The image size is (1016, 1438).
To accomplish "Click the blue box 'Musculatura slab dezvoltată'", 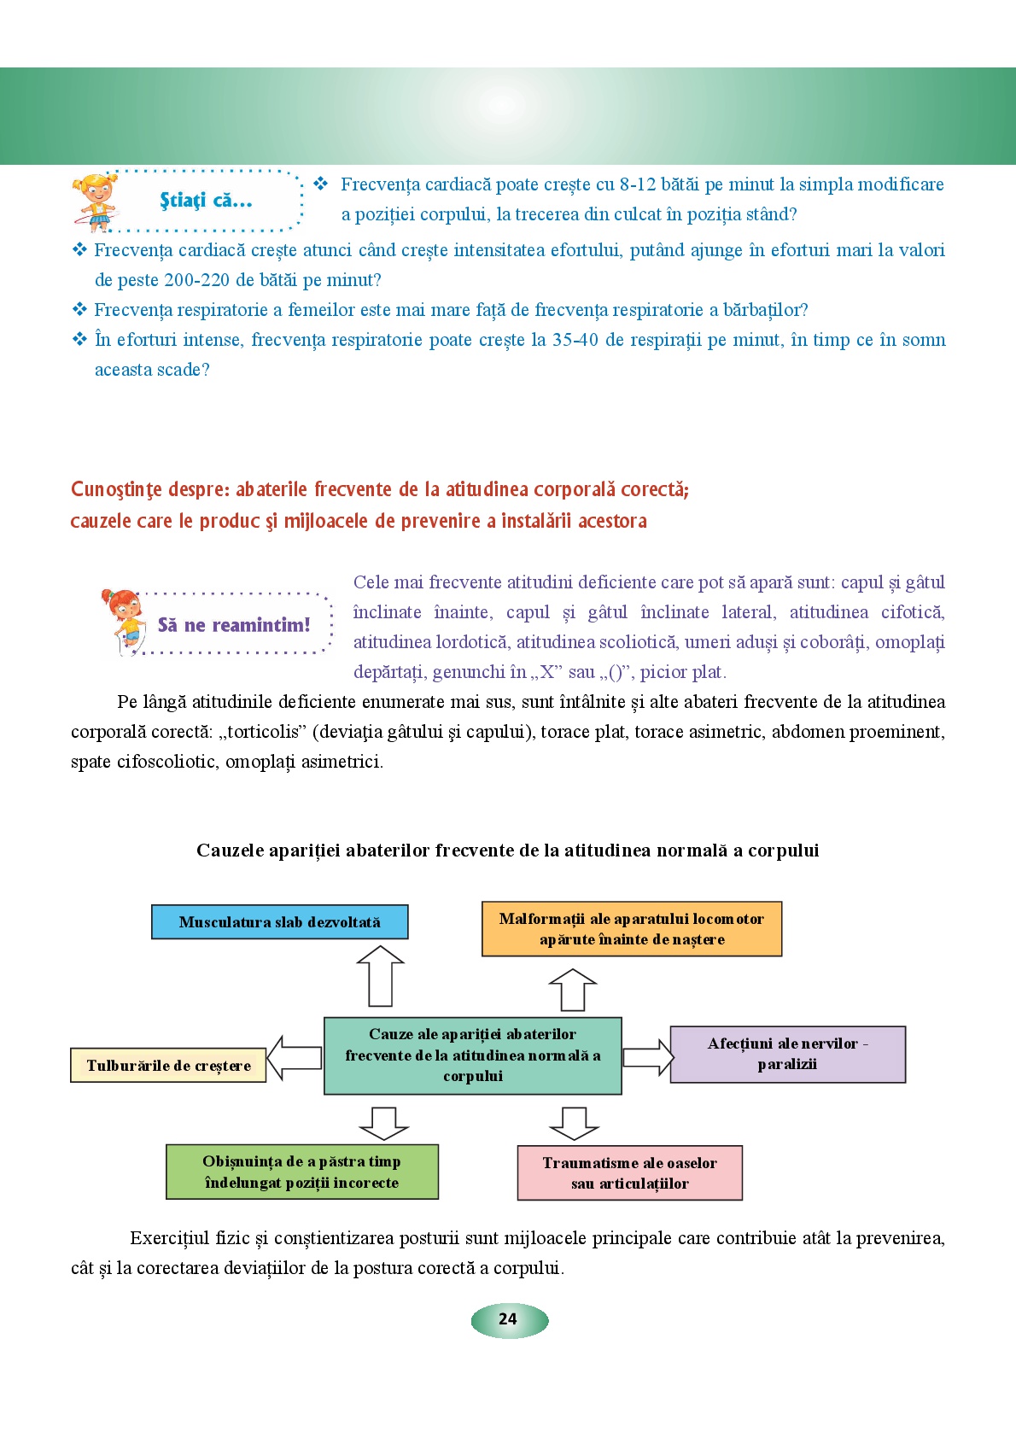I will pyautogui.click(x=279, y=922).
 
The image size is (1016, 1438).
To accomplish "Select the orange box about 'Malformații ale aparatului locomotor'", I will pyautogui.click(x=631, y=929).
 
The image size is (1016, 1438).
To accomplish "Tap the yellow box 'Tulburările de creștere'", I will pyautogui.click(x=168, y=1066).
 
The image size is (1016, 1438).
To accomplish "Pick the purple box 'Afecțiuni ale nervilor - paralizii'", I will pyautogui.click(x=787, y=1055).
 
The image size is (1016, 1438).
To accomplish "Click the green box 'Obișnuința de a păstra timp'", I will pyautogui.click(x=301, y=1172).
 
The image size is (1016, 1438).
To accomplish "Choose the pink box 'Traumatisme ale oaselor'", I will pyautogui.click(x=629, y=1173).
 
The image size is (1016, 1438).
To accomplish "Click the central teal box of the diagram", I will pyautogui.click(x=472, y=1055).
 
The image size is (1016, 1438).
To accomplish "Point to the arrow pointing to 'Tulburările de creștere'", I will pyautogui.click(x=295, y=1059).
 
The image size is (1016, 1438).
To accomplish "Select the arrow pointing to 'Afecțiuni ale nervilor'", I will pyautogui.click(x=648, y=1057).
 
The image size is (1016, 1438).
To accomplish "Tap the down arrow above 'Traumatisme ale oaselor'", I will pyautogui.click(x=574, y=1122).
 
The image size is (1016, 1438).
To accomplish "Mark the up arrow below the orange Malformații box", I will pyautogui.click(x=573, y=991).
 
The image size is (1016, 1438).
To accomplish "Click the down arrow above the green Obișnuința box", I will pyautogui.click(x=384, y=1122).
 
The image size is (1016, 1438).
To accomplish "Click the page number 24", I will pyautogui.click(x=508, y=1319).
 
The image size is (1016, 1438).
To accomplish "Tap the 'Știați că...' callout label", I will pyautogui.click(x=206, y=202).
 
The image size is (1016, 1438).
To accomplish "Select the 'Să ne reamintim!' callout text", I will pyautogui.click(x=234, y=625).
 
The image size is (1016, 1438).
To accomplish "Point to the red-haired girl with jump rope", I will pyautogui.click(x=124, y=622).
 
